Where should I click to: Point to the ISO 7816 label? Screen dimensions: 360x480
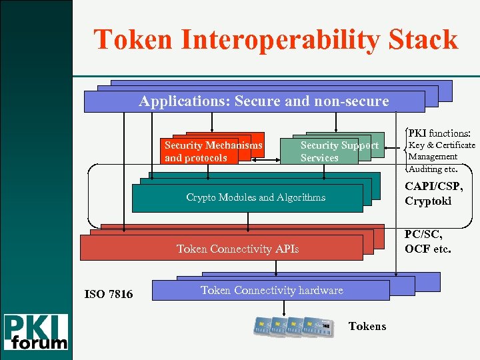pyautogui.click(x=109, y=294)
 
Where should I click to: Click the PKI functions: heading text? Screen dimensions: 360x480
pyautogui.click(x=439, y=133)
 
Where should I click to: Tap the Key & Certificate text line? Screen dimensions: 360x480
pyautogui.click(x=441, y=145)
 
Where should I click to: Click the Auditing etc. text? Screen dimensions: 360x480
pyautogui.click(x=433, y=169)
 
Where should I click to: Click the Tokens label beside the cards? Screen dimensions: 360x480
pyautogui.click(x=367, y=326)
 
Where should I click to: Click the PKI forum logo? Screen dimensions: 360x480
pyautogui.click(x=36, y=332)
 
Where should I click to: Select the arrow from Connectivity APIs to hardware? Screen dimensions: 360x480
pyautogui.click(x=276, y=267)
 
